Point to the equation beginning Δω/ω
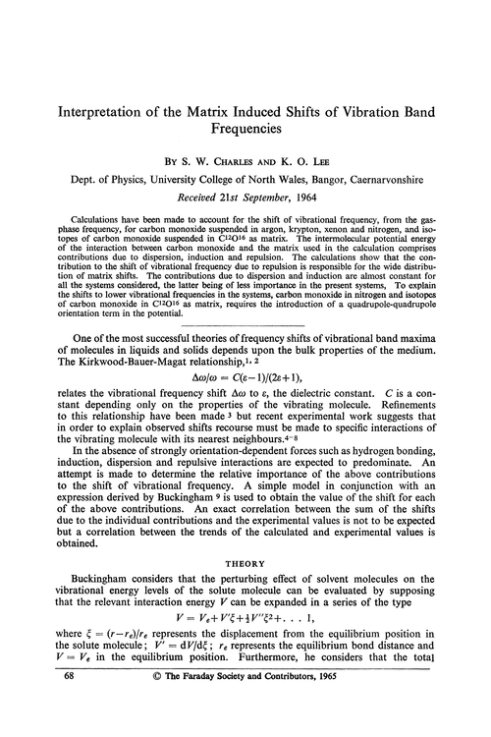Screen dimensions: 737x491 (x=245, y=389)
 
